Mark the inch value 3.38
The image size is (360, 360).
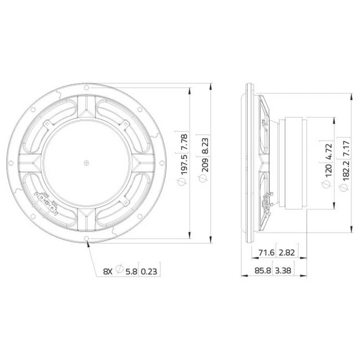click(x=284, y=271)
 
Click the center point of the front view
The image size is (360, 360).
click(x=86, y=163)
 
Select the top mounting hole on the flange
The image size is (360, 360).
click(x=86, y=87)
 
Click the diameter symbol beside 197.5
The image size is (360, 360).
click(x=184, y=183)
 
